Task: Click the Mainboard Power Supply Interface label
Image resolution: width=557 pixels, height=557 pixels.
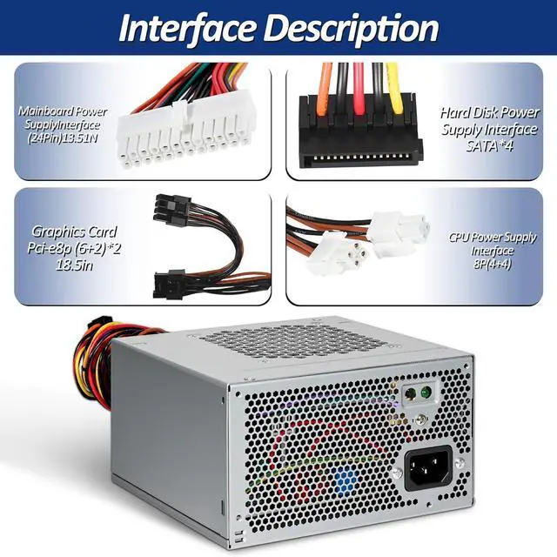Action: click(63, 124)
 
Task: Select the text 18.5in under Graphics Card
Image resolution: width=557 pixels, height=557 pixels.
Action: click(74, 273)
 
